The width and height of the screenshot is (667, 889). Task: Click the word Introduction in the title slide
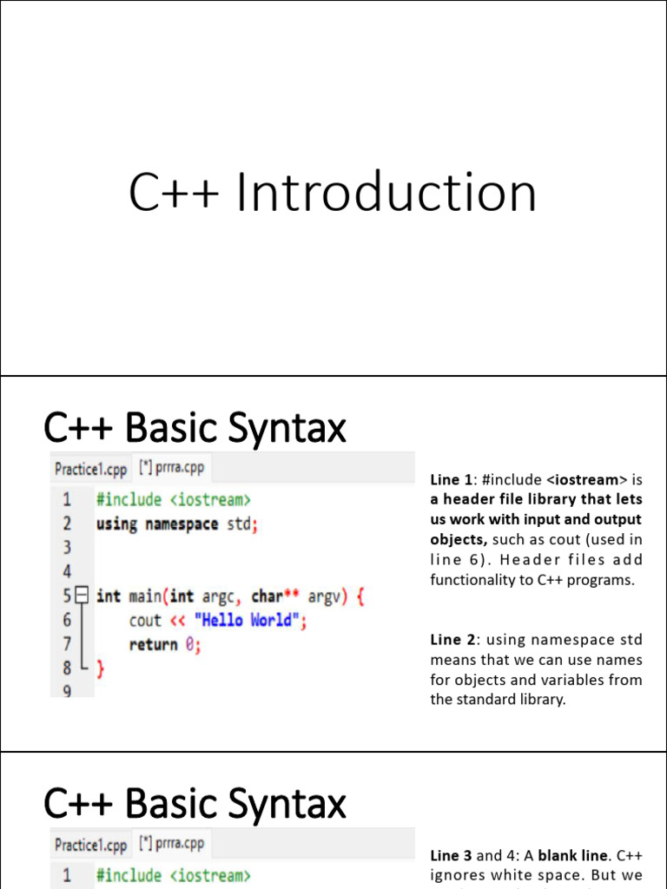point(386,193)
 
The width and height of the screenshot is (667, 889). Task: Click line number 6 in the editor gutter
point(66,621)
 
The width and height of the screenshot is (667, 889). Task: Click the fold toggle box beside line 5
point(82,596)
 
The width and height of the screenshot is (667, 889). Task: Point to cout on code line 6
point(145,621)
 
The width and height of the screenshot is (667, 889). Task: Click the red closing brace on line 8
point(100,668)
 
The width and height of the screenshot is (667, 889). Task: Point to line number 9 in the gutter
point(66,690)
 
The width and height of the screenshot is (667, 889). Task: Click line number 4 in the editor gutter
point(66,572)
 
